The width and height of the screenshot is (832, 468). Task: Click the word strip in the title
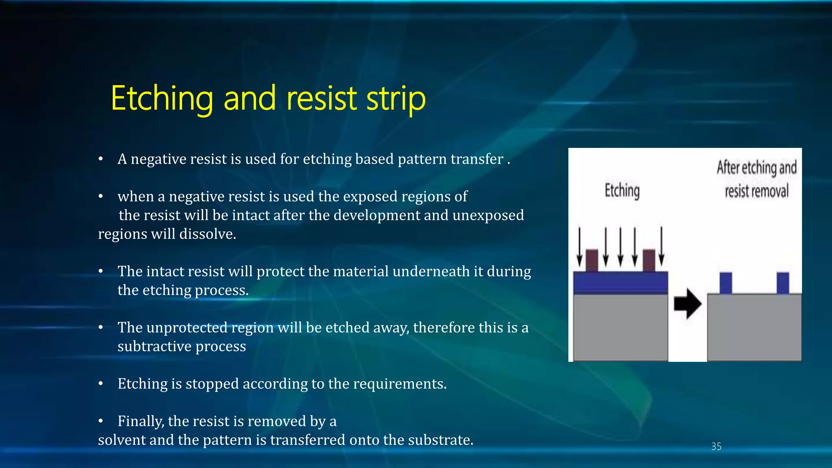[396, 98]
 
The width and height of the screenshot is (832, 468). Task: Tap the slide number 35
[716, 446]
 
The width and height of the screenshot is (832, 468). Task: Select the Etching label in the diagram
[622, 191]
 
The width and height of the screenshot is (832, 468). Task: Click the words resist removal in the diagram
[756, 191]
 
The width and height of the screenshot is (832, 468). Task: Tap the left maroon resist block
[592, 260]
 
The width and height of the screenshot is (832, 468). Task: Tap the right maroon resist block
[649, 260]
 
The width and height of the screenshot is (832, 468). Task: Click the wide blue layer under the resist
[620, 283]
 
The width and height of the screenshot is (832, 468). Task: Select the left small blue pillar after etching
[726, 283]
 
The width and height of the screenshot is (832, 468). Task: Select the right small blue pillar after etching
[783, 283]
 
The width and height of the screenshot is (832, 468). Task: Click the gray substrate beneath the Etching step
[620, 327]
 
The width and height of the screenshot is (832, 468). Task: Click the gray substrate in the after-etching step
[754, 327]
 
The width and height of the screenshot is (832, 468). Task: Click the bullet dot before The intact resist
[101, 271]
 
